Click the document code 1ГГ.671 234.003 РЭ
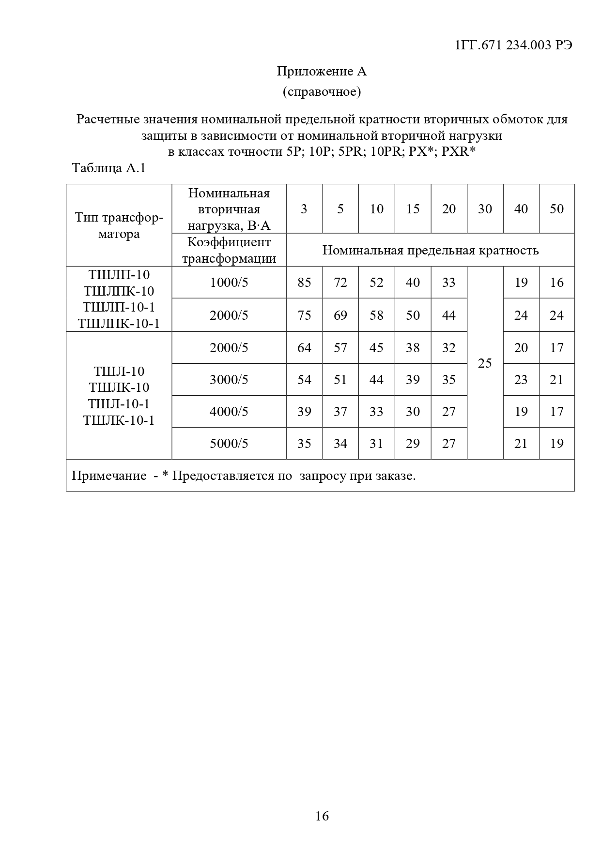pyautogui.click(x=513, y=45)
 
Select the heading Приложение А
pyautogui.click(x=322, y=71)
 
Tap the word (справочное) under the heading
pyautogui.click(x=322, y=91)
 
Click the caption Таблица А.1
pyautogui.click(x=108, y=168)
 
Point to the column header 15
pyautogui.click(x=413, y=209)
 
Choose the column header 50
pyautogui.click(x=557, y=209)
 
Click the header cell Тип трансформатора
pyautogui.click(x=119, y=225)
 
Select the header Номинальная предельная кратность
pyautogui.click(x=431, y=250)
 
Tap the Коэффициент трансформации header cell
pyautogui.click(x=229, y=250)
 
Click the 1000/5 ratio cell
pyautogui.click(x=229, y=283)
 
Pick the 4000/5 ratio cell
pyautogui.click(x=229, y=412)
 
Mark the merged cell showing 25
pyautogui.click(x=485, y=363)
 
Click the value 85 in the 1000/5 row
pyautogui.click(x=304, y=283)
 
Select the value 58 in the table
pyautogui.click(x=376, y=315)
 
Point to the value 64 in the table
pyautogui.click(x=304, y=348)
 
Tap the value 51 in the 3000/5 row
pyautogui.click(x=340, y=380)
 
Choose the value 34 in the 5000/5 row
pyautogui.click(x=340, y=444)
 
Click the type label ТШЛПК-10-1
pyautogui.click(x=119, y=323)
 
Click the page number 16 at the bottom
pyautogui.click(x=322, y=816)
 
